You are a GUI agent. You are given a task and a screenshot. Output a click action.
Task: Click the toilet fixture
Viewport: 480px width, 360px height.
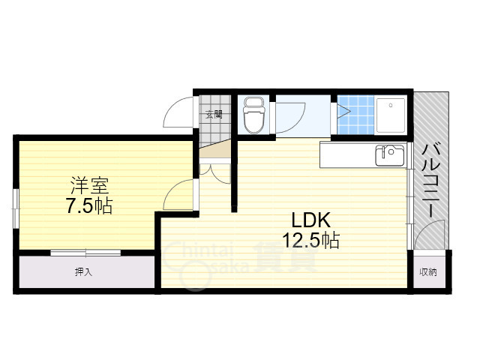pyautogui.click(x=254, y=116)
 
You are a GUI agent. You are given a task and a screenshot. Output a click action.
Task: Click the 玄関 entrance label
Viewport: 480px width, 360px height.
pyautogui.click(x=214, y=115)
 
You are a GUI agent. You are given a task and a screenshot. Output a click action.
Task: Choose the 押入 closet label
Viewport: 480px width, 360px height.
pyautogui.click(x=83, y=271)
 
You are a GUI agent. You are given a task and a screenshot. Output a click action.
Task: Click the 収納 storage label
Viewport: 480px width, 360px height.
pyautogui.click(x=427, y=271)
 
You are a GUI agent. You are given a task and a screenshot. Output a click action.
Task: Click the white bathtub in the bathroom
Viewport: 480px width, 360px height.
pyautogui.click(x=390, y=115)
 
